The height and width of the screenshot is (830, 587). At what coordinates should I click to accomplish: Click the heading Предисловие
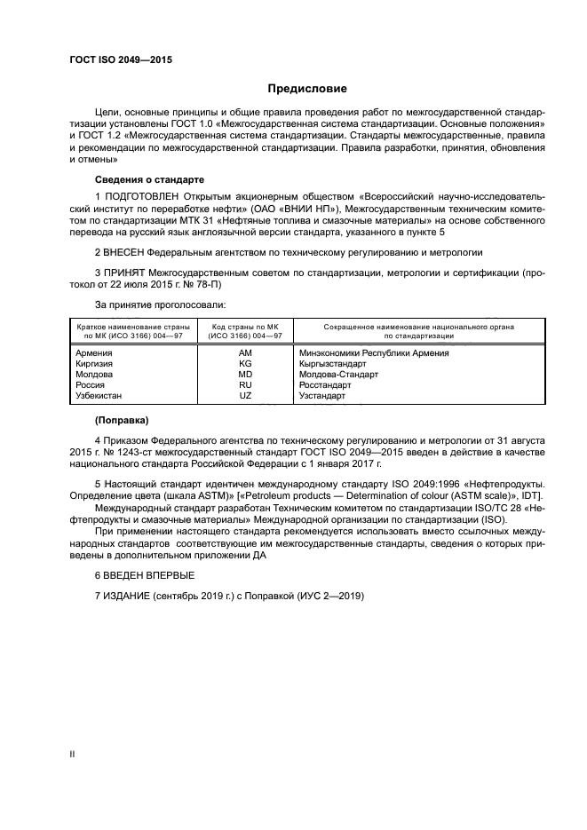(307, 89)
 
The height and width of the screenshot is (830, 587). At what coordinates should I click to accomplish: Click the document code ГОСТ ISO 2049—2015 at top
(121, 59)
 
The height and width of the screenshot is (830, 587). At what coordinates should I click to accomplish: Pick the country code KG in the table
(246, 364)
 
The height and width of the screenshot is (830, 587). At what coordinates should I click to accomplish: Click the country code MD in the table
(246, 375)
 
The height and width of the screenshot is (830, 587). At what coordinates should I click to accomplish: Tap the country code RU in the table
(246, 385)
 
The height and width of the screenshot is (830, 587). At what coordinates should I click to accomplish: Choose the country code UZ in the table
(246, 396)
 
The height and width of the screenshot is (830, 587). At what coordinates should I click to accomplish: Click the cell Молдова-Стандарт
(339, 375)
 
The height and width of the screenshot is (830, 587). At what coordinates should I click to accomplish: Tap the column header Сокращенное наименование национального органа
(419, 328)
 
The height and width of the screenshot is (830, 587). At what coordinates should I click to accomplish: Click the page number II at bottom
(72, 754)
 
